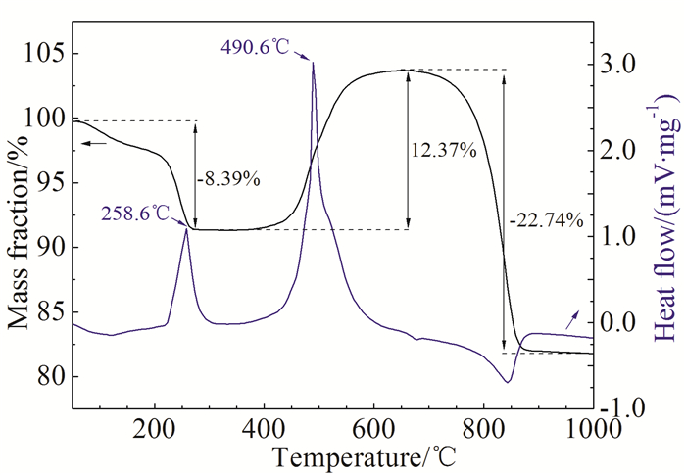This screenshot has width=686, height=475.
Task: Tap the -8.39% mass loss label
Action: click(228, 179)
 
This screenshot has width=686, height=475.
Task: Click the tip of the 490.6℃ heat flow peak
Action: click(313, 63)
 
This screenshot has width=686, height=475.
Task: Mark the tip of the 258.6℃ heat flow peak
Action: click(186, 228)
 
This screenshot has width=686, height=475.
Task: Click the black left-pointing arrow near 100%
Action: click(94, 144)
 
